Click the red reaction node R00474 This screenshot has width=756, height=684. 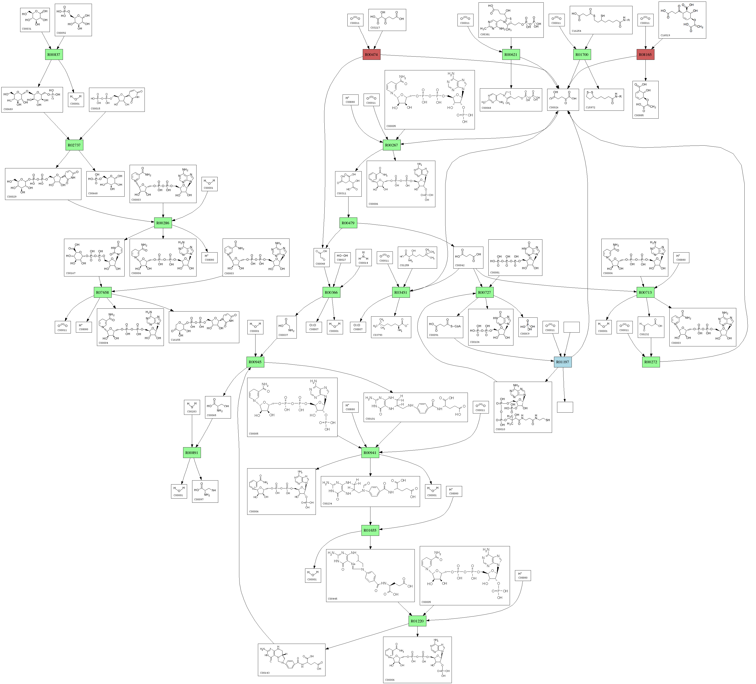(x=371, y=55)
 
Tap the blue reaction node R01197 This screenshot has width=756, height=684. (x=563, y=362)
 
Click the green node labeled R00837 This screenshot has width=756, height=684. (x=54, y=55)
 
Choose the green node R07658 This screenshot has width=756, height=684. (x=102, y=292)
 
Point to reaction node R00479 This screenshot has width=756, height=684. (x=348, y=223)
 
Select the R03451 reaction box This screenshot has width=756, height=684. (x=400, y=292)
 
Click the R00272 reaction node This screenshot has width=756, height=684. (x=651, y=362)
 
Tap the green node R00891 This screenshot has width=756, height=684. (x=192, y=453)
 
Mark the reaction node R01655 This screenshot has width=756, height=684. (x=370, y=530)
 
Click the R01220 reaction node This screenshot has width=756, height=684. (x=417, y=621)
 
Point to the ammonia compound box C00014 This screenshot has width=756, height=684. (x=363, y=257)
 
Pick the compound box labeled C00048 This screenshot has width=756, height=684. (x=321, y=257)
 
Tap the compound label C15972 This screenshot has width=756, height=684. (x=591, y=108)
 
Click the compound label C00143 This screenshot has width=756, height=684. (x=265, y=673)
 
